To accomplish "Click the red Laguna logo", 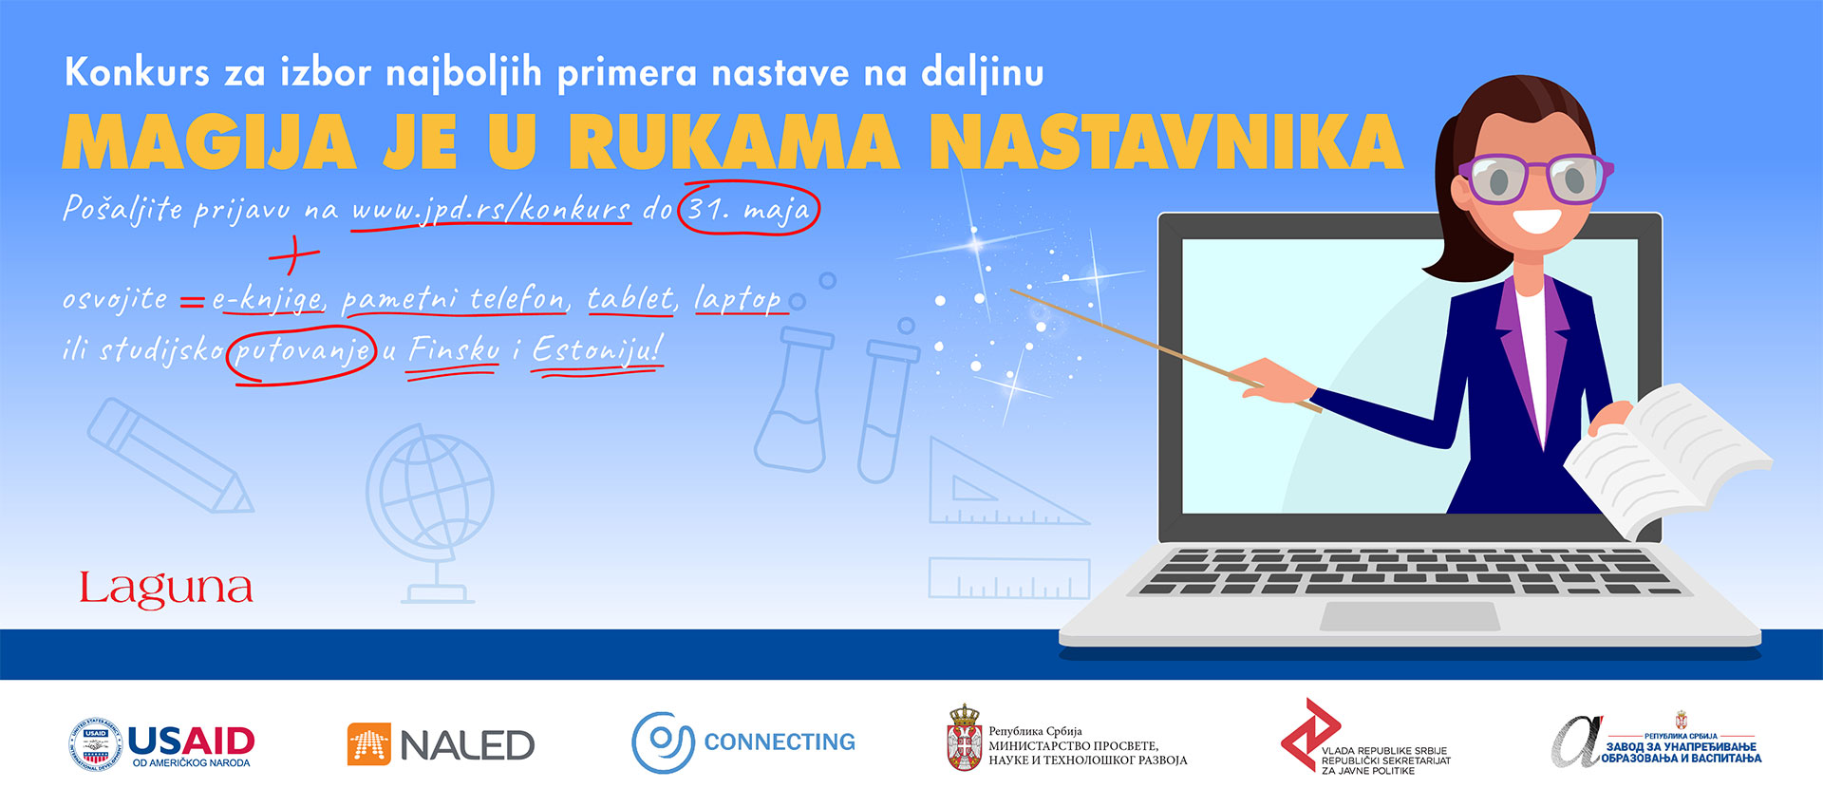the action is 166,589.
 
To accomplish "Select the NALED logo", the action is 441,744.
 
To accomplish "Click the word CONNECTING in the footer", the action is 780,741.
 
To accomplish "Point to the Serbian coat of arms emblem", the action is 965,738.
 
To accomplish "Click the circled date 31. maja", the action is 749,209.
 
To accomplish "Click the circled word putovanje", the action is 303,351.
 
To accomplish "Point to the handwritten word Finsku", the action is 454,350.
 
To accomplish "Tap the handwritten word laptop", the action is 738,300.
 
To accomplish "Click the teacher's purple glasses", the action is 1535,178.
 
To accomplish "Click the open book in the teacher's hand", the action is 1667,456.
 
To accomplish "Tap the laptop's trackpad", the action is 1410,616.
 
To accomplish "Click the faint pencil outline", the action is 170,456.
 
